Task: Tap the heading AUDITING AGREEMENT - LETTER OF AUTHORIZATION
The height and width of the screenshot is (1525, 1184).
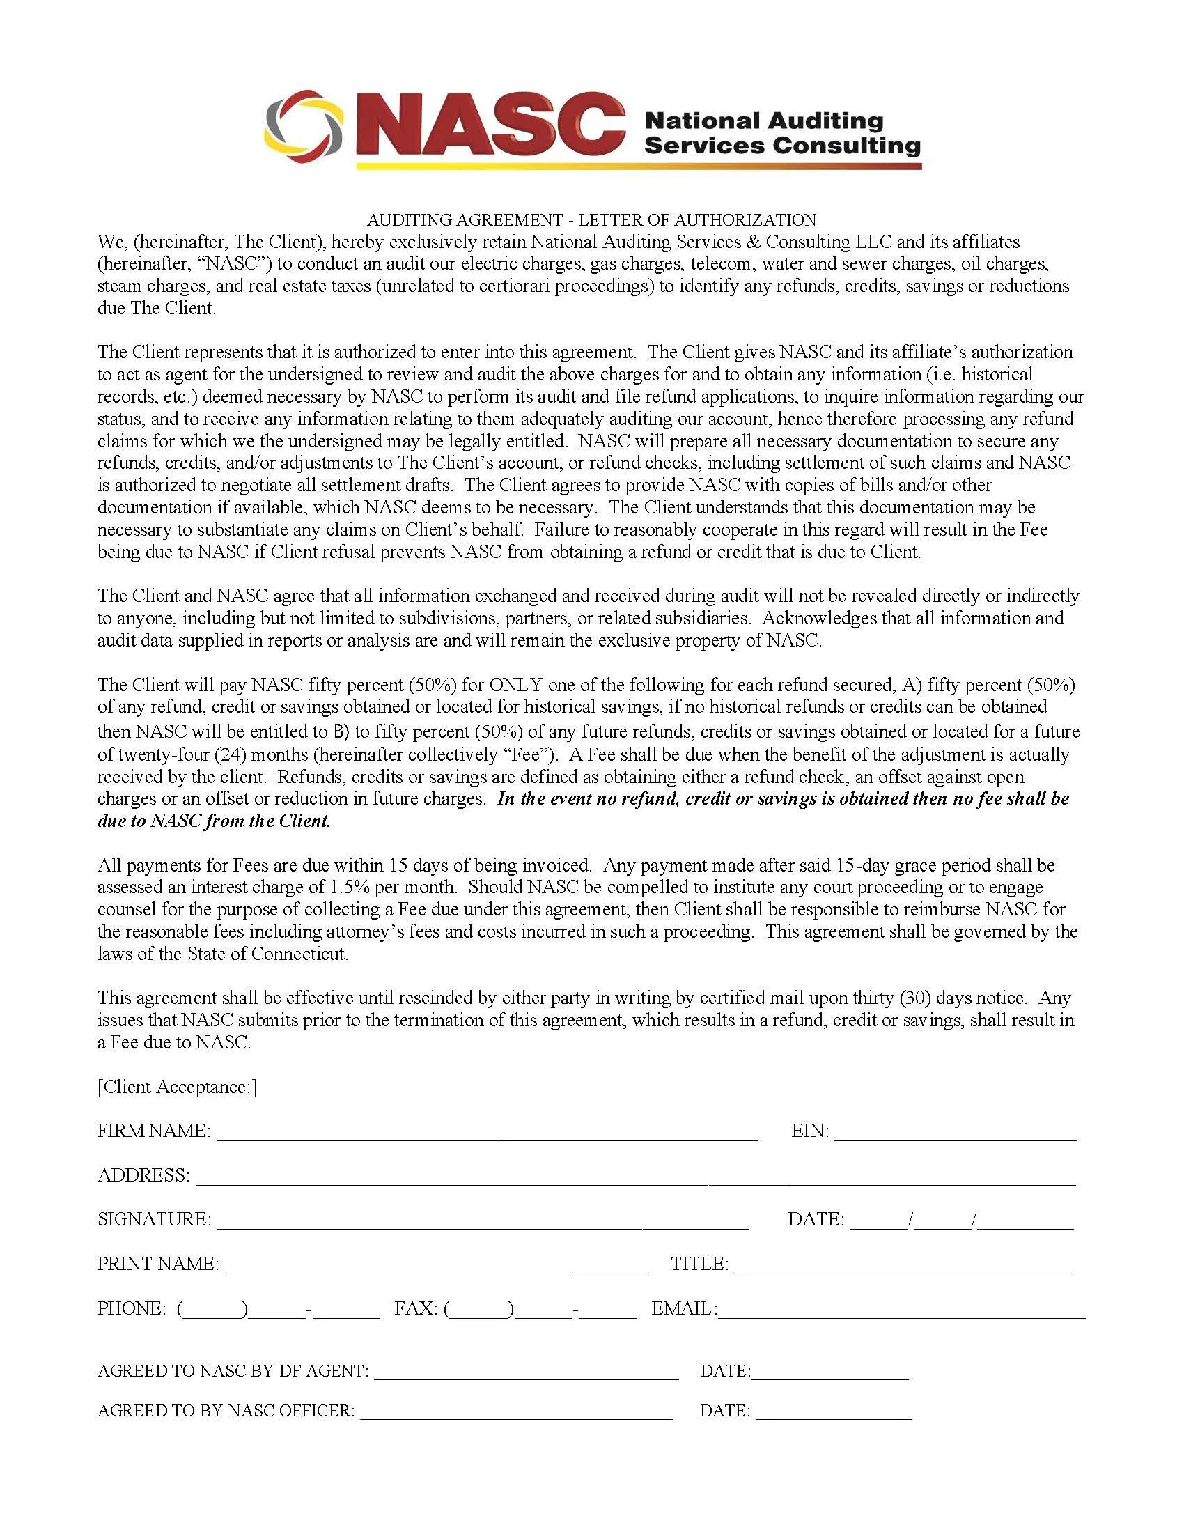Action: tap(591, 220)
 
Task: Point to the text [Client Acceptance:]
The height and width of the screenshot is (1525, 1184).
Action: tap(178, 1087)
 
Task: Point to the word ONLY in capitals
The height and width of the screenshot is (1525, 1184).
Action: tap(515, 685)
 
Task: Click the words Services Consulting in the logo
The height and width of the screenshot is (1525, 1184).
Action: tap(782, 145)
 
